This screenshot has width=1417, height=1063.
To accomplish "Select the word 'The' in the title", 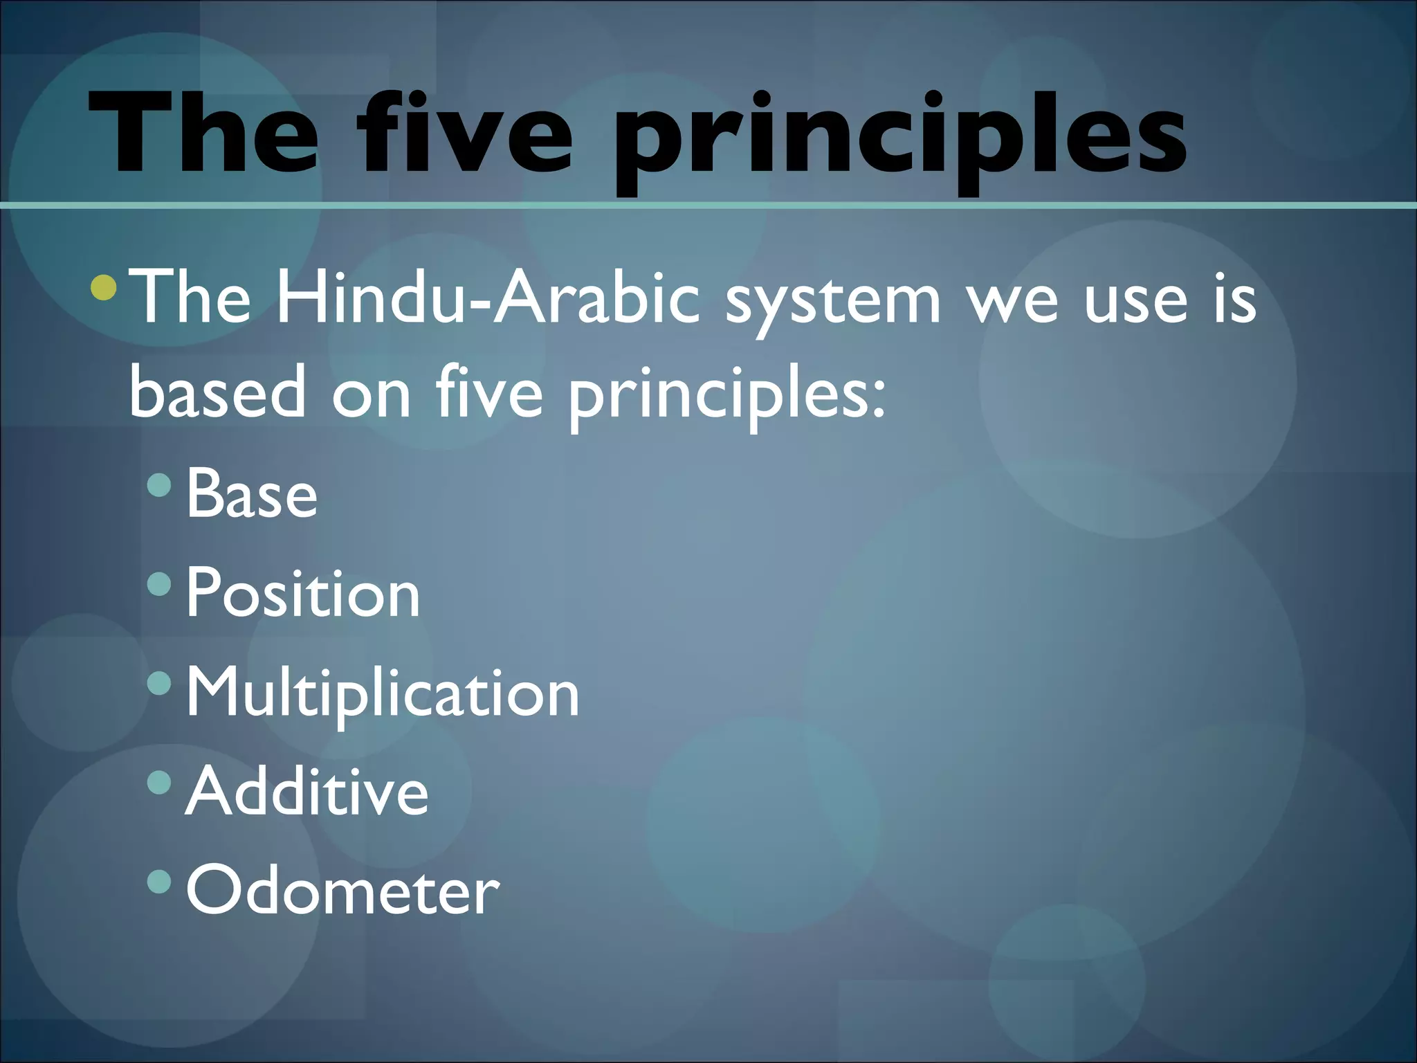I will (x=203, y=133).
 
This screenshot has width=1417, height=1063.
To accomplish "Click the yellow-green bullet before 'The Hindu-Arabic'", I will (x=104, y=287).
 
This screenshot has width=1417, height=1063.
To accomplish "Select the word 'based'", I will (x=217, y=392).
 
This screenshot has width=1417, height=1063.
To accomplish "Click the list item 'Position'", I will (x=303, y=594).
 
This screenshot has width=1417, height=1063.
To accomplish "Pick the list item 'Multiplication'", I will (x=383, y=693).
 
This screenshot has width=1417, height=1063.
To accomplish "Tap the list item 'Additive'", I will (x=307, y=792).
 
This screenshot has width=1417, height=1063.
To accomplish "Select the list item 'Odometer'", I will (x=342, y=891).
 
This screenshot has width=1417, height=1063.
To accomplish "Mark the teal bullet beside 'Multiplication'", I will (x=159, y=683).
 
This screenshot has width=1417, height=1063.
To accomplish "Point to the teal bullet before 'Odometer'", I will (x=159, y=881).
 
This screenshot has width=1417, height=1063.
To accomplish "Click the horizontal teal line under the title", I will (x=708, y=205).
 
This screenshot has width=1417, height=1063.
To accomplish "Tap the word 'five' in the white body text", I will (x=489, y=392).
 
